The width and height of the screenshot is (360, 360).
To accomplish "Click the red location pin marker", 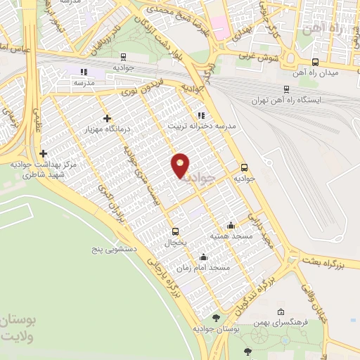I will click(181, 165).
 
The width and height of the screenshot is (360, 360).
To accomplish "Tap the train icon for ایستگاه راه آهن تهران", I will click(286, 89).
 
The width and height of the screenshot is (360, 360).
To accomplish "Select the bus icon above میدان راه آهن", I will click(314, 61).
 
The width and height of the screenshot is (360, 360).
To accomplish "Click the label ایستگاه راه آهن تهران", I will click(287, 100).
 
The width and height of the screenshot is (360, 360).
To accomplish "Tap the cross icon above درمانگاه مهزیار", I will click(107, 118).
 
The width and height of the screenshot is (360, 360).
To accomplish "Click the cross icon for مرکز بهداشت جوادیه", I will click(44, 153).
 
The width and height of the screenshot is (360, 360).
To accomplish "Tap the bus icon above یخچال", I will click(175, 231).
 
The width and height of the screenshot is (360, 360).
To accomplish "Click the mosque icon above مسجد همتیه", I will click(231, 225).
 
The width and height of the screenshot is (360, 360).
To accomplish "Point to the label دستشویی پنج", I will click(112, 249).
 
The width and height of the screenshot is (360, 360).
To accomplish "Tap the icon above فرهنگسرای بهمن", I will click(281, 311).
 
